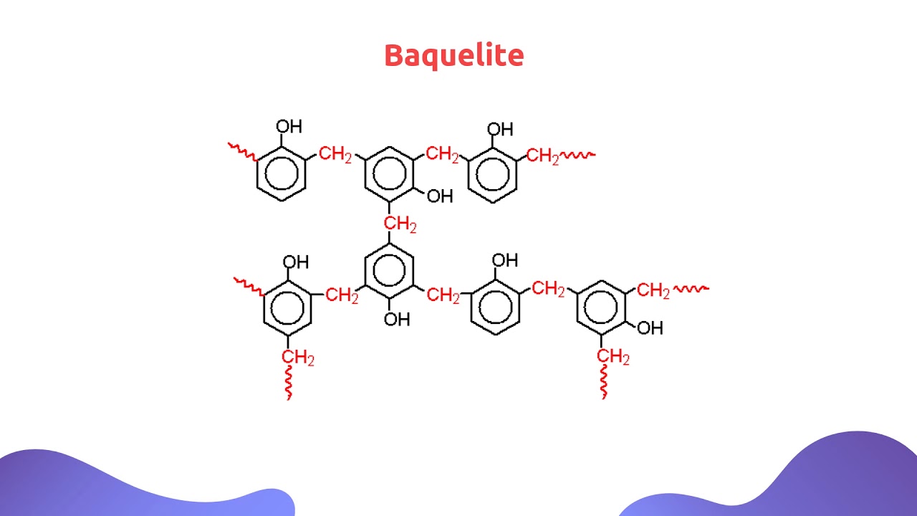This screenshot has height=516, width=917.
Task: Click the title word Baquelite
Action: point(454,56)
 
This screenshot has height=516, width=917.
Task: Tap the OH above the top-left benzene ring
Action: point(289,127)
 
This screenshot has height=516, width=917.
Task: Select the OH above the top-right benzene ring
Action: point(500,130)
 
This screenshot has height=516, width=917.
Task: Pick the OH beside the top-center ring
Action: point(440,196)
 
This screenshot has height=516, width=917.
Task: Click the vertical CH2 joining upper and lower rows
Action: point(400,224)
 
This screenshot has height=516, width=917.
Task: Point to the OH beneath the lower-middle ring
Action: point(397,320)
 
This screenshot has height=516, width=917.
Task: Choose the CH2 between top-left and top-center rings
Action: point(335,154)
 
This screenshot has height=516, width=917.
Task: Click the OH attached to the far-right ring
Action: point(650,328)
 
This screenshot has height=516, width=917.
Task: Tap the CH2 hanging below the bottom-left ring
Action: point(297,358)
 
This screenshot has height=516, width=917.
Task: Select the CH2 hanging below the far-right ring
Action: point(613,356)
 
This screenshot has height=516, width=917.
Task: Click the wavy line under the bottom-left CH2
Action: point(289,383)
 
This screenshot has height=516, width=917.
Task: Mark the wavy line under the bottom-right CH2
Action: point(603,382)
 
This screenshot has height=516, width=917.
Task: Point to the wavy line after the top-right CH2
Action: point(577,155)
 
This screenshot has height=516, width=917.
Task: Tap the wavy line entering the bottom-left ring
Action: point(249,287)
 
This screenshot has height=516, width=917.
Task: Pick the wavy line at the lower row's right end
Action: point(691,289)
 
